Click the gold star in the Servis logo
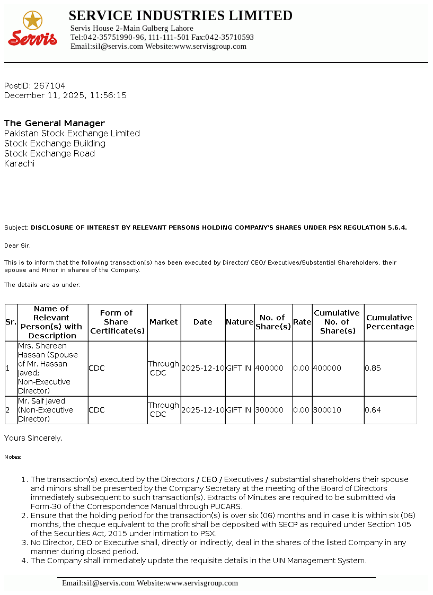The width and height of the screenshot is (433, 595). [32, 21]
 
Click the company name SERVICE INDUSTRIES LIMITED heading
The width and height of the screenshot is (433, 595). [180, 16]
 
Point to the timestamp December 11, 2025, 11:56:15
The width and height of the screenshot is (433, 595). [65, 95]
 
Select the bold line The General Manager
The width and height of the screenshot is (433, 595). [55, 123]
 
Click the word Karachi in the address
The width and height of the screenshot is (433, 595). [19, 163]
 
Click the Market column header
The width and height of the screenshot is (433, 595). [164, 322]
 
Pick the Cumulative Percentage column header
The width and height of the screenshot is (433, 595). [390, 322]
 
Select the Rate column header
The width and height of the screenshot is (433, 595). [302, 322]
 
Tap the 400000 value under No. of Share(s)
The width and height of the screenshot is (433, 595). [269, 368]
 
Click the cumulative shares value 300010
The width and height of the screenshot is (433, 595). [327, 410]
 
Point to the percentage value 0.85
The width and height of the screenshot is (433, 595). [373, 368]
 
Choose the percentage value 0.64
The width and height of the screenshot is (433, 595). [373, 410]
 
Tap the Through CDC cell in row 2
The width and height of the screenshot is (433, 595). [163, 410]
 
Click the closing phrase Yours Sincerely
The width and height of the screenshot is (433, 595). [33, 438]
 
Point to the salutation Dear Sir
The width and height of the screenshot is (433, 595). [17, 246]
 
